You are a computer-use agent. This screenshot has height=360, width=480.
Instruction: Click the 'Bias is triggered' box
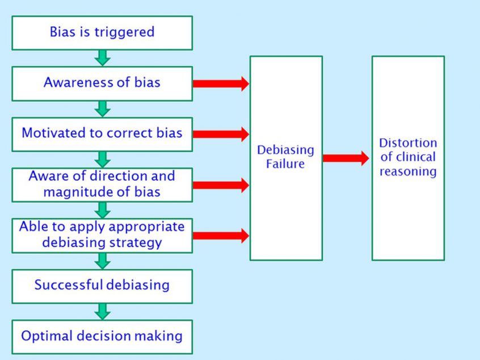point(102,33)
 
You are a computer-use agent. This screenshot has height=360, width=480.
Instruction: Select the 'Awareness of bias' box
point(102,83)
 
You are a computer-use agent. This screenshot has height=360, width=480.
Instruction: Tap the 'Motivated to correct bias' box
point(102,134)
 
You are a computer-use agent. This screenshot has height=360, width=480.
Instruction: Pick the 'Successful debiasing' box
point(102,287)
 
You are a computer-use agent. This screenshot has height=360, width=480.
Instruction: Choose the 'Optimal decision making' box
point(102,337)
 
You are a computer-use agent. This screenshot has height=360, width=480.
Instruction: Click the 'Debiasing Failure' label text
point(285,157)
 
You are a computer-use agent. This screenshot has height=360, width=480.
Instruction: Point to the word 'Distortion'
point(408,143)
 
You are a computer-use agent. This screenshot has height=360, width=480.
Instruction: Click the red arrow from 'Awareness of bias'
point(221,83)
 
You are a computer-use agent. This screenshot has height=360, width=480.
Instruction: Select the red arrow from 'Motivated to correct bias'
point(221,134)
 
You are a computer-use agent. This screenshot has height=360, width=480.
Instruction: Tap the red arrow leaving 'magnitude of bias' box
point(221,185)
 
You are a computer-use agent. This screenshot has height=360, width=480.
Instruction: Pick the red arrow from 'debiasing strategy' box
point(221,236)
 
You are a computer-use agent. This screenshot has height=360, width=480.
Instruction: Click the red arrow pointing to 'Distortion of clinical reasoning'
point(346,158)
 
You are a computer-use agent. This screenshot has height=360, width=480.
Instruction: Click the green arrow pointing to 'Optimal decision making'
point(103,312)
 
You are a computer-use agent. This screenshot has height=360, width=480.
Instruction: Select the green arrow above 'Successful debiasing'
point(103,261)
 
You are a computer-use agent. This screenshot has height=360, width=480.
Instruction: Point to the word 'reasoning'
point(408,171)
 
